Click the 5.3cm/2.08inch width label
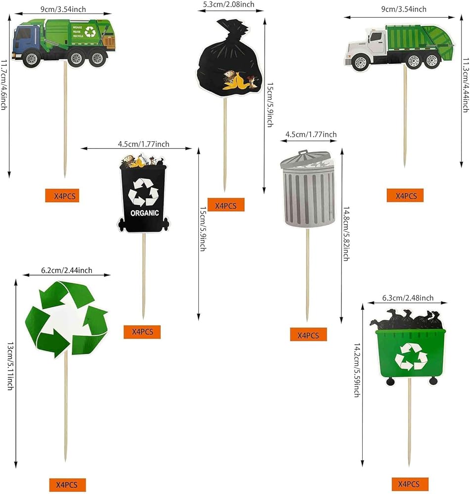(x=229, y=4)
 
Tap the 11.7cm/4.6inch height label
(x=4, y=85)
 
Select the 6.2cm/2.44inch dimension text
(x=67, y=270)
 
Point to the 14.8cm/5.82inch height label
(x=346, y=234)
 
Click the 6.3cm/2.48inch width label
(x=408, y=298)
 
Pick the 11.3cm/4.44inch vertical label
(x=466, y=85)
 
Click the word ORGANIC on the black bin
(x=144, y=213)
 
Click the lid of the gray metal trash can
(x=306, y=159)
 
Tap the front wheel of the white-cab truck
(x=360, y=63)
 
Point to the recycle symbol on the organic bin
(x=143, y=192)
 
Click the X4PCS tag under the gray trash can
(x=308, y=335)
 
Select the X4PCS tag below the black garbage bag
(x=226, y=206)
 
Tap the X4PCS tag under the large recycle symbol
(x=67, y=485)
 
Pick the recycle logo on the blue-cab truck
(x=90, y=32)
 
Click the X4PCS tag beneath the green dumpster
(x=410, y=484)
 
